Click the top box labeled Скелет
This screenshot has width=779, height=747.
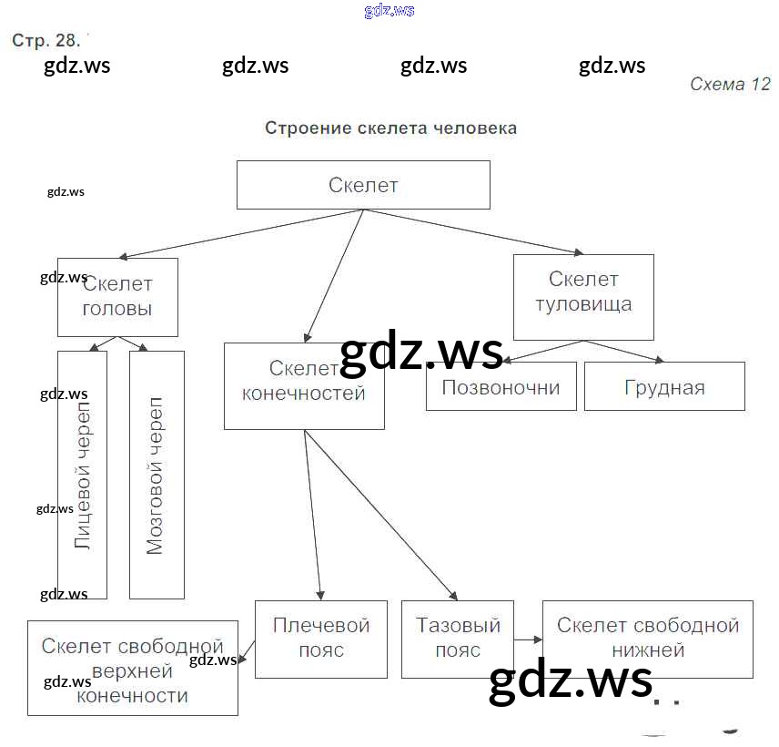(363, 185)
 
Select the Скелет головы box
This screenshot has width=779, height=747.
(117, 297)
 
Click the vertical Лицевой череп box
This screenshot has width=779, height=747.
(82, 475)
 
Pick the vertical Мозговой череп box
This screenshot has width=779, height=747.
(157, 475)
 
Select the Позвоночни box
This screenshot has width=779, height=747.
(501, 386)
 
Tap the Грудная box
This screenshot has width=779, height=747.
(664, 386)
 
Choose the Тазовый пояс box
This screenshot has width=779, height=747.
(458, 639)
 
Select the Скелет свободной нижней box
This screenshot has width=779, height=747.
(647, 639)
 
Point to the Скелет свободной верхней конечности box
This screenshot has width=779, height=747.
(133, 670)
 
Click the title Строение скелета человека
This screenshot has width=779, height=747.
(390, 128)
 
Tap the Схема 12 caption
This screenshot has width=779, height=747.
(730, 85)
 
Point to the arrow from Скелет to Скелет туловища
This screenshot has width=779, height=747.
(473, 231)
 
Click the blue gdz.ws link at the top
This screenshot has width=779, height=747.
(389, 11)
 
